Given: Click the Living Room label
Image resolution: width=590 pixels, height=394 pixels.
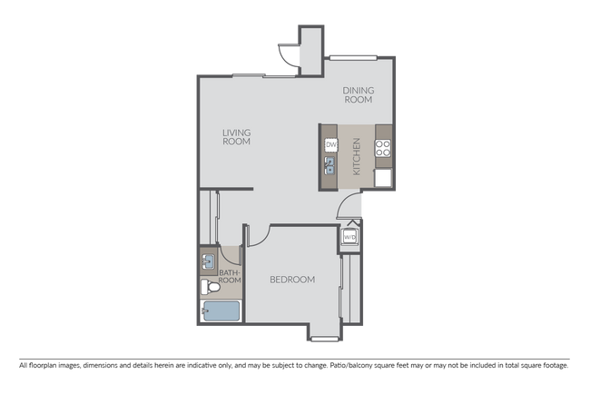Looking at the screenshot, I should [236, 137].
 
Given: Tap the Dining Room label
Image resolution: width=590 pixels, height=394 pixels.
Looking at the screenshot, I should [357, 95].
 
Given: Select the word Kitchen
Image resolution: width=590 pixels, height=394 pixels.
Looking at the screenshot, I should [357, 157].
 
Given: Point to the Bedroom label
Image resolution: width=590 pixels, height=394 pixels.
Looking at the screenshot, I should [292, 280].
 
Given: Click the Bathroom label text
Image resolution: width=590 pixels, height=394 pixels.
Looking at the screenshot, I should [230, 276].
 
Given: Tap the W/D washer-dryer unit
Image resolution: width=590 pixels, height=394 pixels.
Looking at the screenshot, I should [349, 237].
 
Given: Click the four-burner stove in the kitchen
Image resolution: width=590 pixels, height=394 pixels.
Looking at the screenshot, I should [382, 145].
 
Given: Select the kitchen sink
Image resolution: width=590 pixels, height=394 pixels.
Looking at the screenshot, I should [331, 165].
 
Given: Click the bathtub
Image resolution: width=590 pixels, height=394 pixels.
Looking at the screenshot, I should [221, 311].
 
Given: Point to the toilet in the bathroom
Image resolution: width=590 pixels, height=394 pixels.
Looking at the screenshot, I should [210, 287].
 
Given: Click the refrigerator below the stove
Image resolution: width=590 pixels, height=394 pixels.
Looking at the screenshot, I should [383, 177].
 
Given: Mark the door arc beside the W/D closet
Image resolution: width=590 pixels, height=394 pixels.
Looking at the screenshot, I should [348, 214].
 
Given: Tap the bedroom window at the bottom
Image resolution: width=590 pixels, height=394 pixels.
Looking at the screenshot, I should [323, 340].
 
